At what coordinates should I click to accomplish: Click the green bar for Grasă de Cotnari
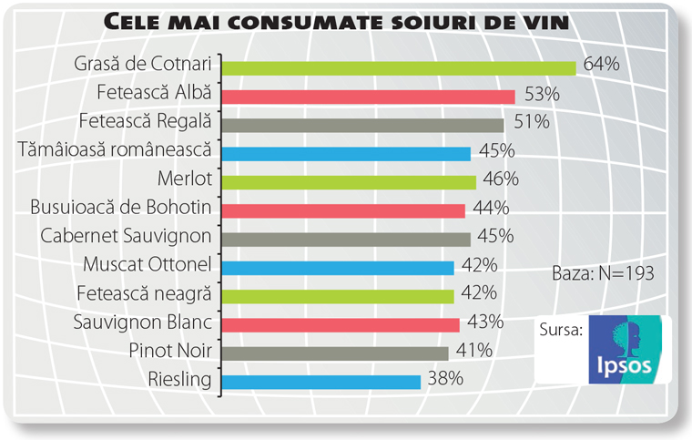(x=399, y=67)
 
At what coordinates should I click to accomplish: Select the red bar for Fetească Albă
(x=369, y=97)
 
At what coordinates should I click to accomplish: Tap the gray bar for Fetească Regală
(x=363, y=125)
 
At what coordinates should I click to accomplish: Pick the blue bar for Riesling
(x=321, y=382)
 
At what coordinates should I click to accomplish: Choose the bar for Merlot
(x=349, y=182)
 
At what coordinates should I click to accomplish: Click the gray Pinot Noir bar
(x=335, y=353)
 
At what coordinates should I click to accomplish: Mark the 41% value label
(x=473, y=350)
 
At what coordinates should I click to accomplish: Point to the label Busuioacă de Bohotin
(x=121, y=207)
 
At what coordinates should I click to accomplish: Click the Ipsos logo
(x=629, y=349)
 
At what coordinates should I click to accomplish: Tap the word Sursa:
(x=562, y=329)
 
